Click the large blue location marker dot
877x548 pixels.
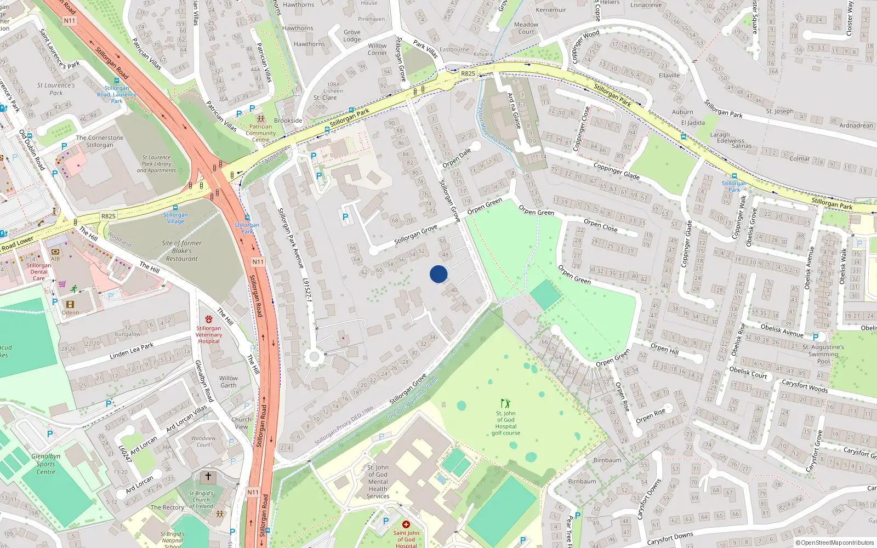click(438, 274)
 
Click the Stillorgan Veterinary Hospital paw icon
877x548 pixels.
click(208, 319)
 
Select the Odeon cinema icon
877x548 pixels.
click(70, 304)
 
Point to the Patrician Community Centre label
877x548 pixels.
click(261, 133)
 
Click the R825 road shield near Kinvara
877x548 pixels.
click(468, 73)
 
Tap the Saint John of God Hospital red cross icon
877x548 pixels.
click(406, 524)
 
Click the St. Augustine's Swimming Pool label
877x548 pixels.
click(823, 354)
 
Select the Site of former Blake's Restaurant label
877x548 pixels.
click(181, 251)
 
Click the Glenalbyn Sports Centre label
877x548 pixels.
click(46, 464)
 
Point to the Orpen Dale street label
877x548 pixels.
click(457, 158)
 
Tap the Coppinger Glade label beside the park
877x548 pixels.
click(616, 170)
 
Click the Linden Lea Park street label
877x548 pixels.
click(132, 351)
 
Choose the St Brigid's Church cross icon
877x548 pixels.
click(208, 476)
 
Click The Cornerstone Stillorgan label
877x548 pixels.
click(100, 141)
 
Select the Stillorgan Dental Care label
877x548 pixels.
click(39, 272)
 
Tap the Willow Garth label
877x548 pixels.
click(229, 381)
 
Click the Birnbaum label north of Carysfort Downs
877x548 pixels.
click(607, 460)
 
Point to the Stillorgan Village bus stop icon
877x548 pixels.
click(175, 208)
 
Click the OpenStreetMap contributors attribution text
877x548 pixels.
click(835, 543)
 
